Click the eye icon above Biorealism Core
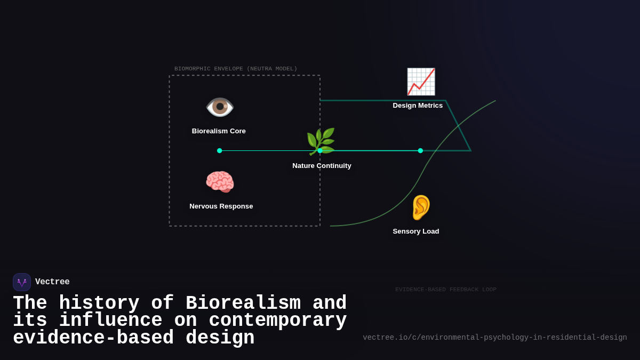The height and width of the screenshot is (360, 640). tap(220, 107)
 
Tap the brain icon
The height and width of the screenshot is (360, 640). tap(220, 182)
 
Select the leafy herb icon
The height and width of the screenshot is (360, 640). tap(321, 141)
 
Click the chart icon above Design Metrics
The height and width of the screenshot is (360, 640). tap(421, 82)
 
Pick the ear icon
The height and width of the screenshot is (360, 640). tap(420, 207)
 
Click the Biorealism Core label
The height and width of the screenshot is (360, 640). tap(219, 131)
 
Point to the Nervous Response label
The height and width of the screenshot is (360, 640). tap(221, 206)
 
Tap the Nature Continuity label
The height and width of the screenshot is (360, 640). tap(322, 166)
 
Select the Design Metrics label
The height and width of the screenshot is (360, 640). tap(418, 106)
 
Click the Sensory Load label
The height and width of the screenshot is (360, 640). tap(416, 231)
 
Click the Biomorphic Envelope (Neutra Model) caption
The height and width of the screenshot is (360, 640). tap(236, 69)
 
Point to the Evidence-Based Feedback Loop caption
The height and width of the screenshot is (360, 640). tap(446, 290)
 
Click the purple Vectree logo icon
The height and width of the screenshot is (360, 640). tap(22, 282)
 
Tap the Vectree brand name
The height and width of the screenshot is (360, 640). tap(52, 282)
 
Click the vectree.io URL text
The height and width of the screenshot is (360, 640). tap(494, 338)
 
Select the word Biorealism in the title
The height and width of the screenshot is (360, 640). tap(243, 303)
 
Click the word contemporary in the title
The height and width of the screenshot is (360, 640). tap(277, 321)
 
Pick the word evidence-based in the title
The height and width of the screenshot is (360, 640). tap(93, 338)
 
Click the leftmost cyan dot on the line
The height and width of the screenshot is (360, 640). tap(220, 151)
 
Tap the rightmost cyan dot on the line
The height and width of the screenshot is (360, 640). tap(420, 151)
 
